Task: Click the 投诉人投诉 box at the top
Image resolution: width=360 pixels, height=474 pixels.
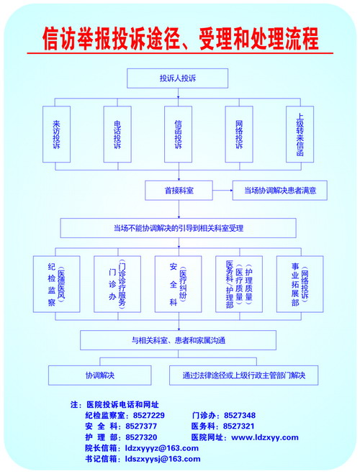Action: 177,78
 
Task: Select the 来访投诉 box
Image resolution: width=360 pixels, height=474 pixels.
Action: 57,135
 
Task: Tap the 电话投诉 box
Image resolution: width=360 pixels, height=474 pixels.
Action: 117,135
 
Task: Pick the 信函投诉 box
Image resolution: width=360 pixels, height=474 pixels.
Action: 178,135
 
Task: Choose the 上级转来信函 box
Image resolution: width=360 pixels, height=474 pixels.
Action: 300,135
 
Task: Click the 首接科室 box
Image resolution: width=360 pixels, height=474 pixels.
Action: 179,191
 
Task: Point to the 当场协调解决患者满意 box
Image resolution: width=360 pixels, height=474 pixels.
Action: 280,191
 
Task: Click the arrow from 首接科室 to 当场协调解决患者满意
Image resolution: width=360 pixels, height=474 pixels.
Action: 222,191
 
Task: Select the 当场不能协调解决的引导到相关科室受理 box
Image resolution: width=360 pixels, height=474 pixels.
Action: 178,228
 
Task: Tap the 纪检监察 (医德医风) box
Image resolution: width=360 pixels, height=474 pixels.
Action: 57,284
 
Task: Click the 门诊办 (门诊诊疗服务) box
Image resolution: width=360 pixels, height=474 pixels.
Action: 117,284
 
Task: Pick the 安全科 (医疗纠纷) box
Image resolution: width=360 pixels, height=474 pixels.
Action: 178,284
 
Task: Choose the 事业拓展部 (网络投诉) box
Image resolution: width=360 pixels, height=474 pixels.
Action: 300,284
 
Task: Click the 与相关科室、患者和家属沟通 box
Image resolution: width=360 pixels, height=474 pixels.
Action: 178,340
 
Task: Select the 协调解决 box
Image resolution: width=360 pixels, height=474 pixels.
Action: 100,375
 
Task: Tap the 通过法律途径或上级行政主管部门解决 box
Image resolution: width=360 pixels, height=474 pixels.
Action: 244,375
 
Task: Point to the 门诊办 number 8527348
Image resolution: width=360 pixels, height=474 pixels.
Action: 240,415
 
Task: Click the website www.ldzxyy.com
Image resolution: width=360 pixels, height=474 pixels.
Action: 265,437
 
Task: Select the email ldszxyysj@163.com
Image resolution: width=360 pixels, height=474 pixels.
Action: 163,459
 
